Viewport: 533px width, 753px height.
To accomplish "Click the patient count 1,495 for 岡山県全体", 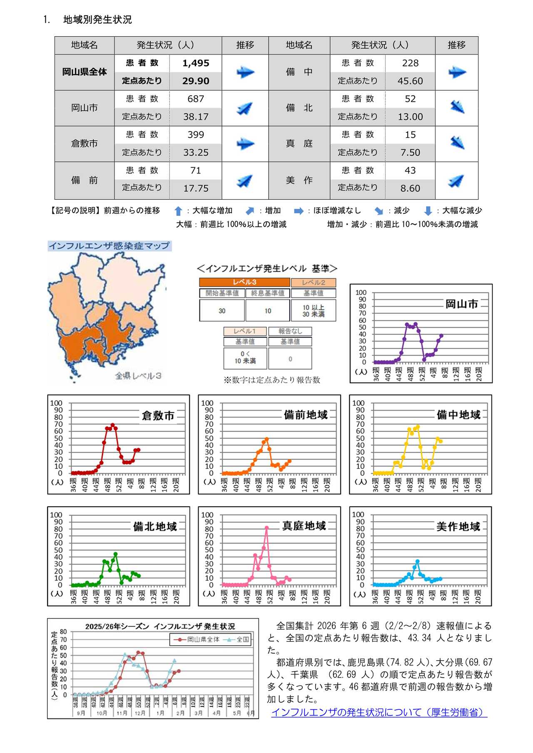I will (x=195, y=63).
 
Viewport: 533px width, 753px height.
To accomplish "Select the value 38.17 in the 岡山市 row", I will (x=195, y=117).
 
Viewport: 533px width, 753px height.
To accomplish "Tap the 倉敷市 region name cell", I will (x=84, y=144).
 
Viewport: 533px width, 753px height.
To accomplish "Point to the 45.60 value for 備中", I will (x=410, y=81).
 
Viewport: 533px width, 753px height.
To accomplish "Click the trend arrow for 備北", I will (x=457, y=108).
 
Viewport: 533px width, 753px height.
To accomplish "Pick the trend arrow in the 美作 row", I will (x=457, y=181).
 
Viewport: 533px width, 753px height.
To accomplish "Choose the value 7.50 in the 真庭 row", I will (x=410, y=153).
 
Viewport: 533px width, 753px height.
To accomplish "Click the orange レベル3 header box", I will (x=244, y=282).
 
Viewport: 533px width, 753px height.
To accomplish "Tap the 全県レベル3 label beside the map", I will (x=138, y=376).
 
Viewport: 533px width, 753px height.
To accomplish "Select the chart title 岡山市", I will (x=461, y=305).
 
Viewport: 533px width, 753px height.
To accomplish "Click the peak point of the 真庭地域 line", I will (x=266, y=528).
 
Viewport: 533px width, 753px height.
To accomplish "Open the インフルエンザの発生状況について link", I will (x=379, y=713).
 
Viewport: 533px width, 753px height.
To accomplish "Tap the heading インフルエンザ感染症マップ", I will (x=109, y=246).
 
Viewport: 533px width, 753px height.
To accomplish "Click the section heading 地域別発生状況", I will (x=97, y=20).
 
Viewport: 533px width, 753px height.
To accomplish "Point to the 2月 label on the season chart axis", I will (x=180, y=713).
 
